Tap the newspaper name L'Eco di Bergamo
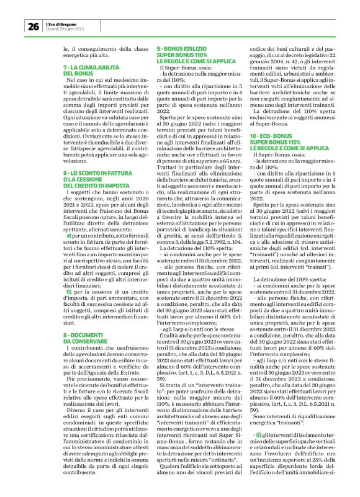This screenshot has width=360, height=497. (63, 24)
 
